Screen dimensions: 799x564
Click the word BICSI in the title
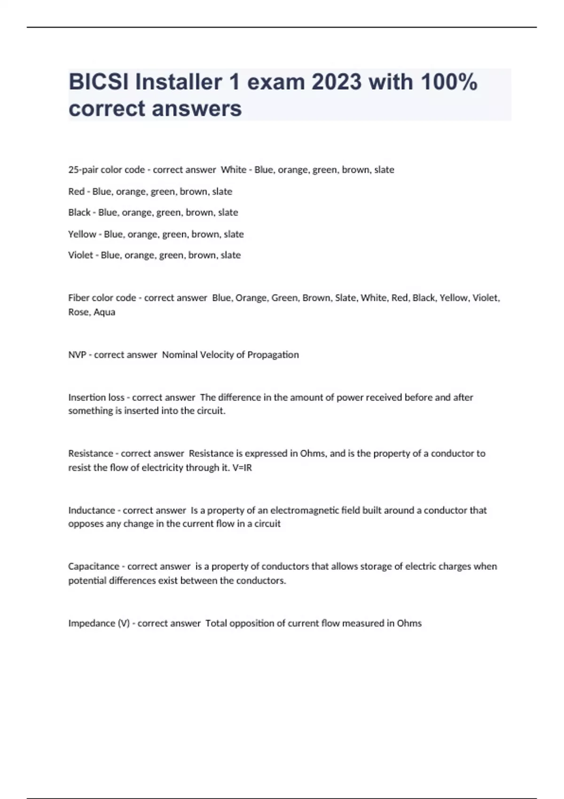click(x=99, y=82)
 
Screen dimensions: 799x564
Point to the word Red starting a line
click(x=76, y=191)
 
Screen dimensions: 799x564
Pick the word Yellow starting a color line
click(x=82, y=234)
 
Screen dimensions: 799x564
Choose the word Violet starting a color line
click(x=80, y=255)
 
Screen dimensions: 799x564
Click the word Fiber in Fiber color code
click(x=78, y=298)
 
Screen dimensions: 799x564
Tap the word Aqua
click(x=104, y=312)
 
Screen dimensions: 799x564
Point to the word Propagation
click(x=273, y=355)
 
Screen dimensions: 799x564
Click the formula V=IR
click(x=242, y=468)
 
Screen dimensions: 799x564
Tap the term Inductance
click(x=92, y=510)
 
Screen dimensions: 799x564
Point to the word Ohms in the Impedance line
click(x=409, y=623)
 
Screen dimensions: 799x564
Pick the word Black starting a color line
click(x=79, y=212)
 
